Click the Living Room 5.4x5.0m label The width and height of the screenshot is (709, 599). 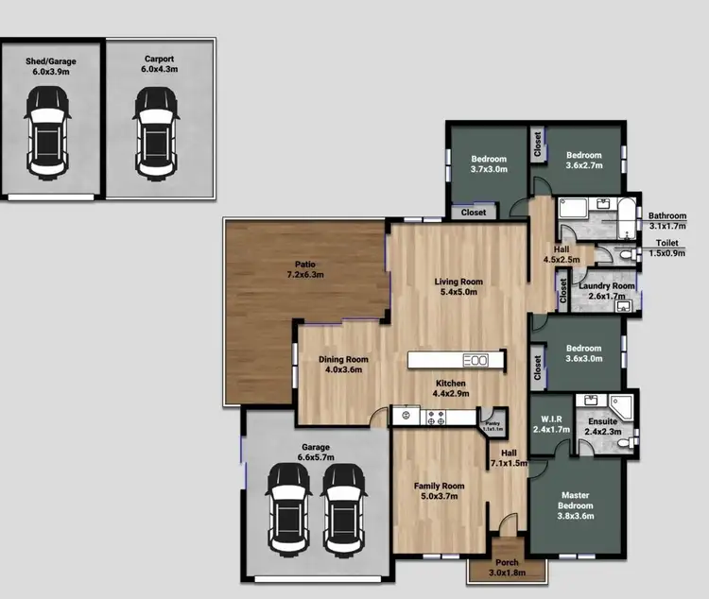pos(458,287)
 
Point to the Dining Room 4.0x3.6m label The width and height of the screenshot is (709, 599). pos(343,365)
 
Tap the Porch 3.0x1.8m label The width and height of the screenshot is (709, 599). pos(508,568)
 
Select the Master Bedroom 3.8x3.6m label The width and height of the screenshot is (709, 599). pos(575,500)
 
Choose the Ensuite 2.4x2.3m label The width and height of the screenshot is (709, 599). pos(603,426)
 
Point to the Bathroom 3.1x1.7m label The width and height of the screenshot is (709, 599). pos(667,221)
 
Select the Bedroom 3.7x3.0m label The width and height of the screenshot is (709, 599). pos(489,164)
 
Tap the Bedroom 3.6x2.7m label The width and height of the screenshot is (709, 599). pos(584,160)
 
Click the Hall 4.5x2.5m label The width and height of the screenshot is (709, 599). pos(562,254)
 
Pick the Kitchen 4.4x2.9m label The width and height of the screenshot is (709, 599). pos(451,388)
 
